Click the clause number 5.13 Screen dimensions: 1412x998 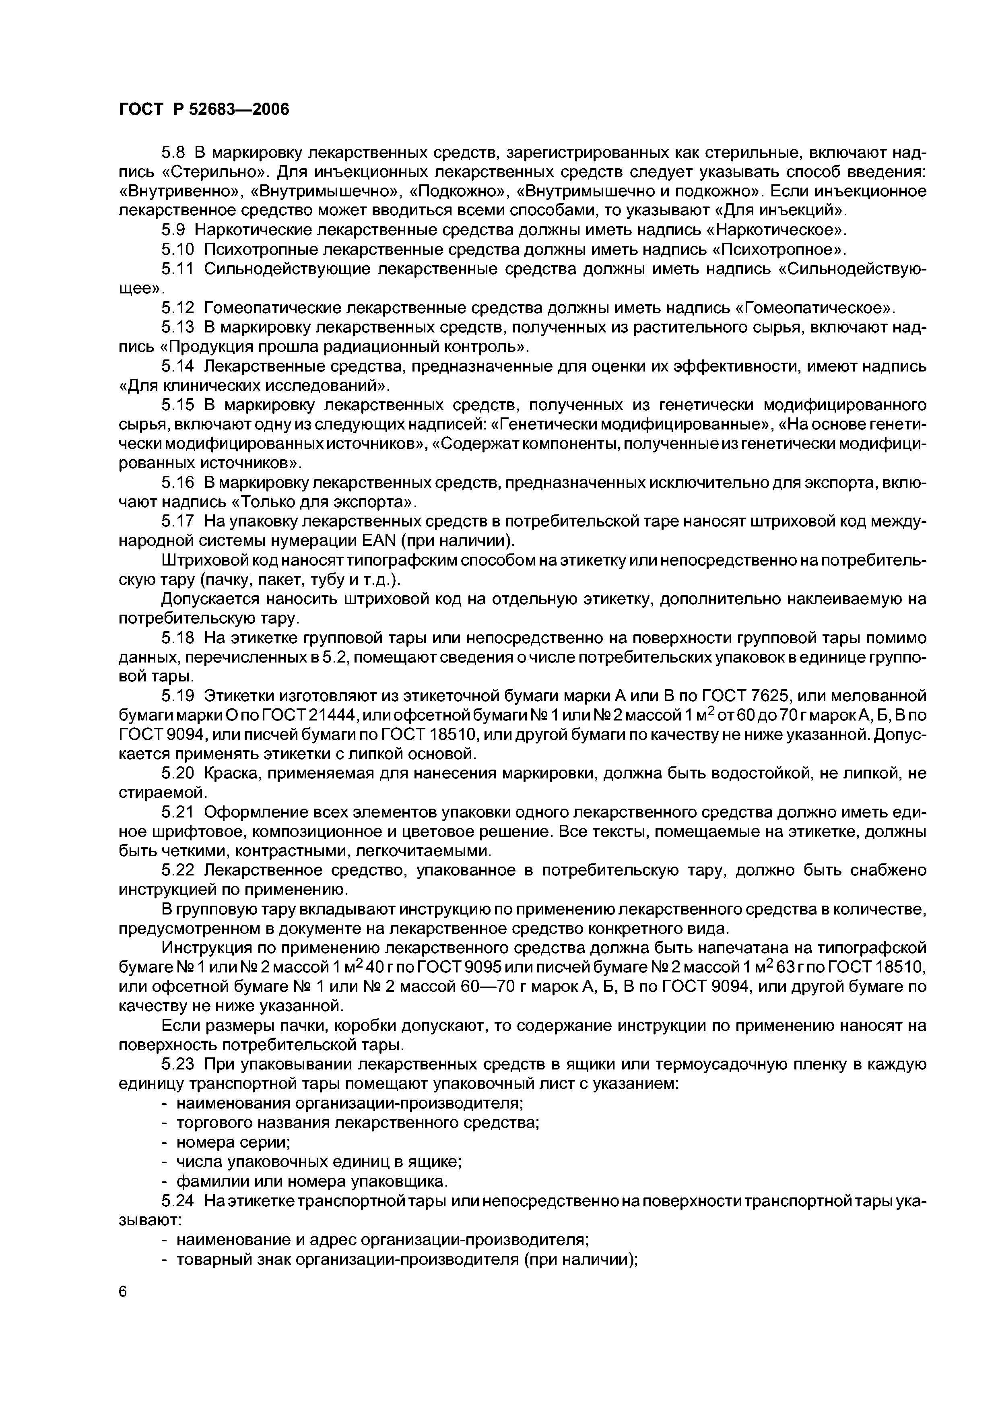point(177,327)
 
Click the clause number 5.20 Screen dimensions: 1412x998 point(177,773)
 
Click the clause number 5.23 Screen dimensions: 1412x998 point(177,1065)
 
